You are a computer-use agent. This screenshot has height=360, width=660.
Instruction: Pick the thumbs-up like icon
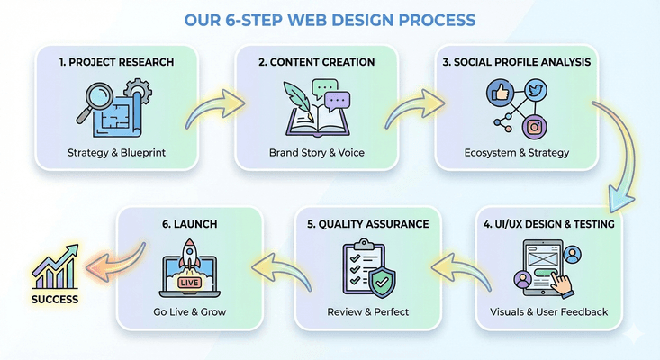(498, 94)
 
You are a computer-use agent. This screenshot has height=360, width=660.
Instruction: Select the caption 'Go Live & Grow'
(190, 312)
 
